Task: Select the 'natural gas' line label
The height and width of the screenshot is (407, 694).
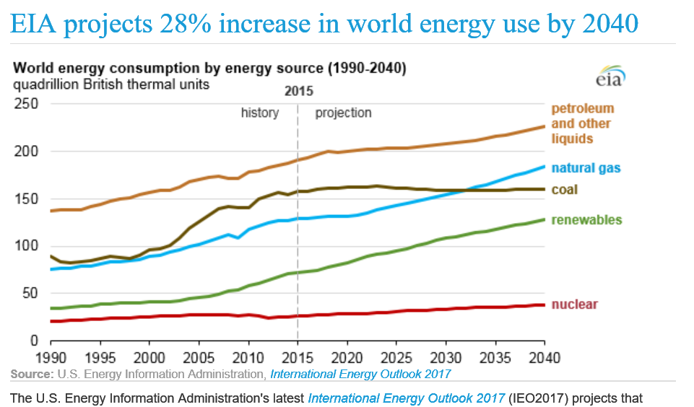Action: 586,168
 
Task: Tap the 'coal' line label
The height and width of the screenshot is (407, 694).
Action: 564,190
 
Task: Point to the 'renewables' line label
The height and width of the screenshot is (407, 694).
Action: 586,220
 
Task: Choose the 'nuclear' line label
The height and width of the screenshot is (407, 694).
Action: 575,305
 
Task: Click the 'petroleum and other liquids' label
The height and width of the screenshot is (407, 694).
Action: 582,123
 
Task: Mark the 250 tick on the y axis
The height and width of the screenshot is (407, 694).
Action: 27,105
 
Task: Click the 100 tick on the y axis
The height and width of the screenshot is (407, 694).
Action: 27,246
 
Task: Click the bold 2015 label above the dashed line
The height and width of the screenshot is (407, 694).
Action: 299,92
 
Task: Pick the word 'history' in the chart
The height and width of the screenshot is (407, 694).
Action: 260,113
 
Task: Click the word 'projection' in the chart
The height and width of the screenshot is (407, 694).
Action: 343,113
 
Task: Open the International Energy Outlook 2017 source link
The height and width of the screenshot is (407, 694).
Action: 360,374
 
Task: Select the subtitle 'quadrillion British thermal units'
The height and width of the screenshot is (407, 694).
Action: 110,84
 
